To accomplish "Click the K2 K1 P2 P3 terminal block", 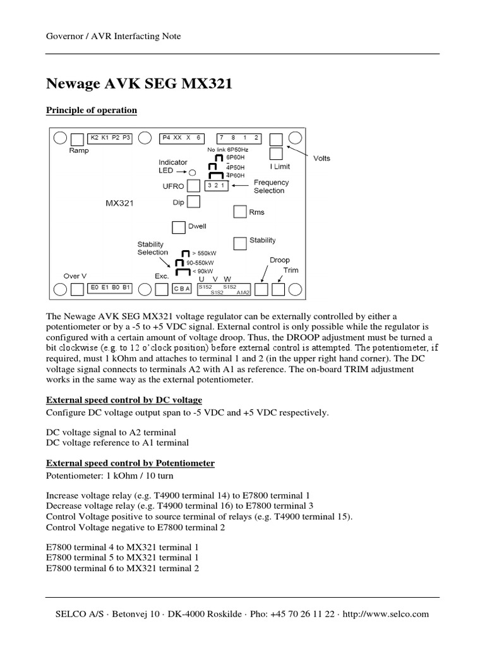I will coord(110,137).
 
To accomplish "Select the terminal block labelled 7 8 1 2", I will coord(239,137).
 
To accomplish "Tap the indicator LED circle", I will coord(193,171).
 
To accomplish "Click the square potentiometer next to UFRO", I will coord(194,185).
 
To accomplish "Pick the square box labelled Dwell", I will coord(178,227).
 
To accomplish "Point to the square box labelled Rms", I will coord(239,212).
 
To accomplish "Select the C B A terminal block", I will coord(183,289).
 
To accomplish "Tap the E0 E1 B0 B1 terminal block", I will coord(110,287).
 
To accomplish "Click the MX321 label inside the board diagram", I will coord(120,203).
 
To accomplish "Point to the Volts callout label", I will coord(322,159).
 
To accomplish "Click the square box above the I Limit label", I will coord(276,154).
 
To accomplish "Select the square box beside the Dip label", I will coord(194,202).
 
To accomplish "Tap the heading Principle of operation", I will coord(92,111).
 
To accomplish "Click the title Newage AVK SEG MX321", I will coord(139,83).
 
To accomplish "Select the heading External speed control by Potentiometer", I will coord(131,463).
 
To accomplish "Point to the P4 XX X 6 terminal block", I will coord(181,137).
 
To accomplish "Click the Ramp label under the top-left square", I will coord(78,151).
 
